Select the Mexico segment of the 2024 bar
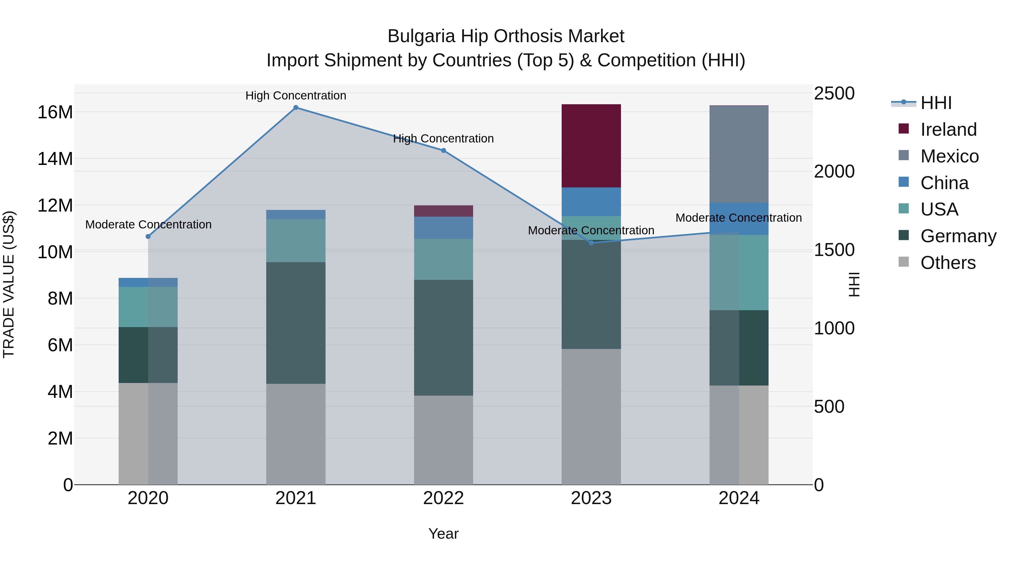[x=738, y=154]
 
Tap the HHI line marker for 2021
[x=296, y=108]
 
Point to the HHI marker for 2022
[x=444, y=150]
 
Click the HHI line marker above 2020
[x=148, y=236]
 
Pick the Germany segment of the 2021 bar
[x=296, y=323]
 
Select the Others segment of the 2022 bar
[x=444, y=440]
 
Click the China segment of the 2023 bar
[x=591, y=202]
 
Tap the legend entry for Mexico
[x=949, y=156]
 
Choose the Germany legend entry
[x=958, y=236]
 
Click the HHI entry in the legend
[x=936, y=103]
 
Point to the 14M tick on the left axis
[x=55, y=159]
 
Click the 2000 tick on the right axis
[x=834, y=172]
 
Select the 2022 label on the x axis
[x=444, y=498]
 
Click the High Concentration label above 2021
[x=296, y=96]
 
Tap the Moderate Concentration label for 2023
[x=591, y=230]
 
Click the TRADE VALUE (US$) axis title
[x=9, y=284]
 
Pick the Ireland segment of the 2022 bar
[x=444, y=211]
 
